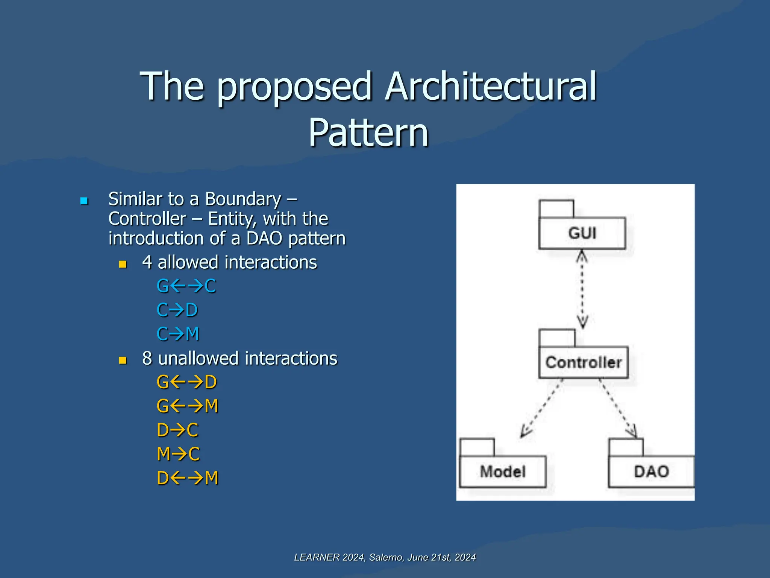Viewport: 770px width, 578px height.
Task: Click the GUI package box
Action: (x=582, y=233)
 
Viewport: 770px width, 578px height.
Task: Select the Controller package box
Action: (x=583, y=362)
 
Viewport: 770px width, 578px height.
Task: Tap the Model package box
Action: (x=502, y=471)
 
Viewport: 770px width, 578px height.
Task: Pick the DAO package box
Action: (x=651, y=471)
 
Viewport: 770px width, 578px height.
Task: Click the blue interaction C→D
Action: (x=177, y=310)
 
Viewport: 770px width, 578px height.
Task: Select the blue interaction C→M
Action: (x=178, y=334)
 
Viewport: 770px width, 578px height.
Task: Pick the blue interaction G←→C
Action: (x=186, y=286)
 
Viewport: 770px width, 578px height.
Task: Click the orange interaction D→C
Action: (x=177, y=430)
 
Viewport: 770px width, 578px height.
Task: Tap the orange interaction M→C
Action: (x=178, y=454)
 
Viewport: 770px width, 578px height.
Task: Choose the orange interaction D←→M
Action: (x=187, y=478)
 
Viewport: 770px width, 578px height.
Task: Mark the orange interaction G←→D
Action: (x=187, y=382)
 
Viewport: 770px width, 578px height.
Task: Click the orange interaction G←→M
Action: (x=187, y=406)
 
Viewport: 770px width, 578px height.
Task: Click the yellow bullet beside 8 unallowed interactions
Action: (x=123, y=360)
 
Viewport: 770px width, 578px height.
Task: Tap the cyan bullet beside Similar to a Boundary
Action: (x=84, y=201)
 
